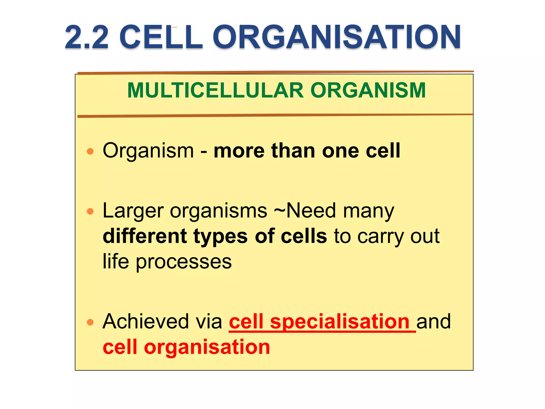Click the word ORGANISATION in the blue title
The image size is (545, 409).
[x=336, y=37]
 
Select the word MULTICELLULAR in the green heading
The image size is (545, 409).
[x=215, y=91]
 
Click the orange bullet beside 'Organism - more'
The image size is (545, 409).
[x=90, y=152]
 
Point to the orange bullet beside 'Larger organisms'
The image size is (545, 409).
[x=90, y=211]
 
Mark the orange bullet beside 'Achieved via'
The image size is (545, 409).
[x=90, y=322]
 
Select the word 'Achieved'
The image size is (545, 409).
[x=146, y=322]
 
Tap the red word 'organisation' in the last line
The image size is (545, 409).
[x=207, y=347]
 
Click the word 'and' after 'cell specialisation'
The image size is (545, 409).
[x=433, y=322]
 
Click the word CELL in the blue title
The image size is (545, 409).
[x=161, y=37]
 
